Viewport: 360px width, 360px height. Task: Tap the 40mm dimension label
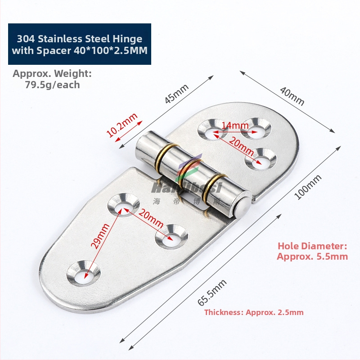tap(292, 96)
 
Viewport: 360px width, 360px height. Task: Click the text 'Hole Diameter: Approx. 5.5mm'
tap(312, 251)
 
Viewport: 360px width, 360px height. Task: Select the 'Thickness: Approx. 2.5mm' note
tap(254, 312)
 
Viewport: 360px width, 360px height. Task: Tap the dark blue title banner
tap(79, 45)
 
